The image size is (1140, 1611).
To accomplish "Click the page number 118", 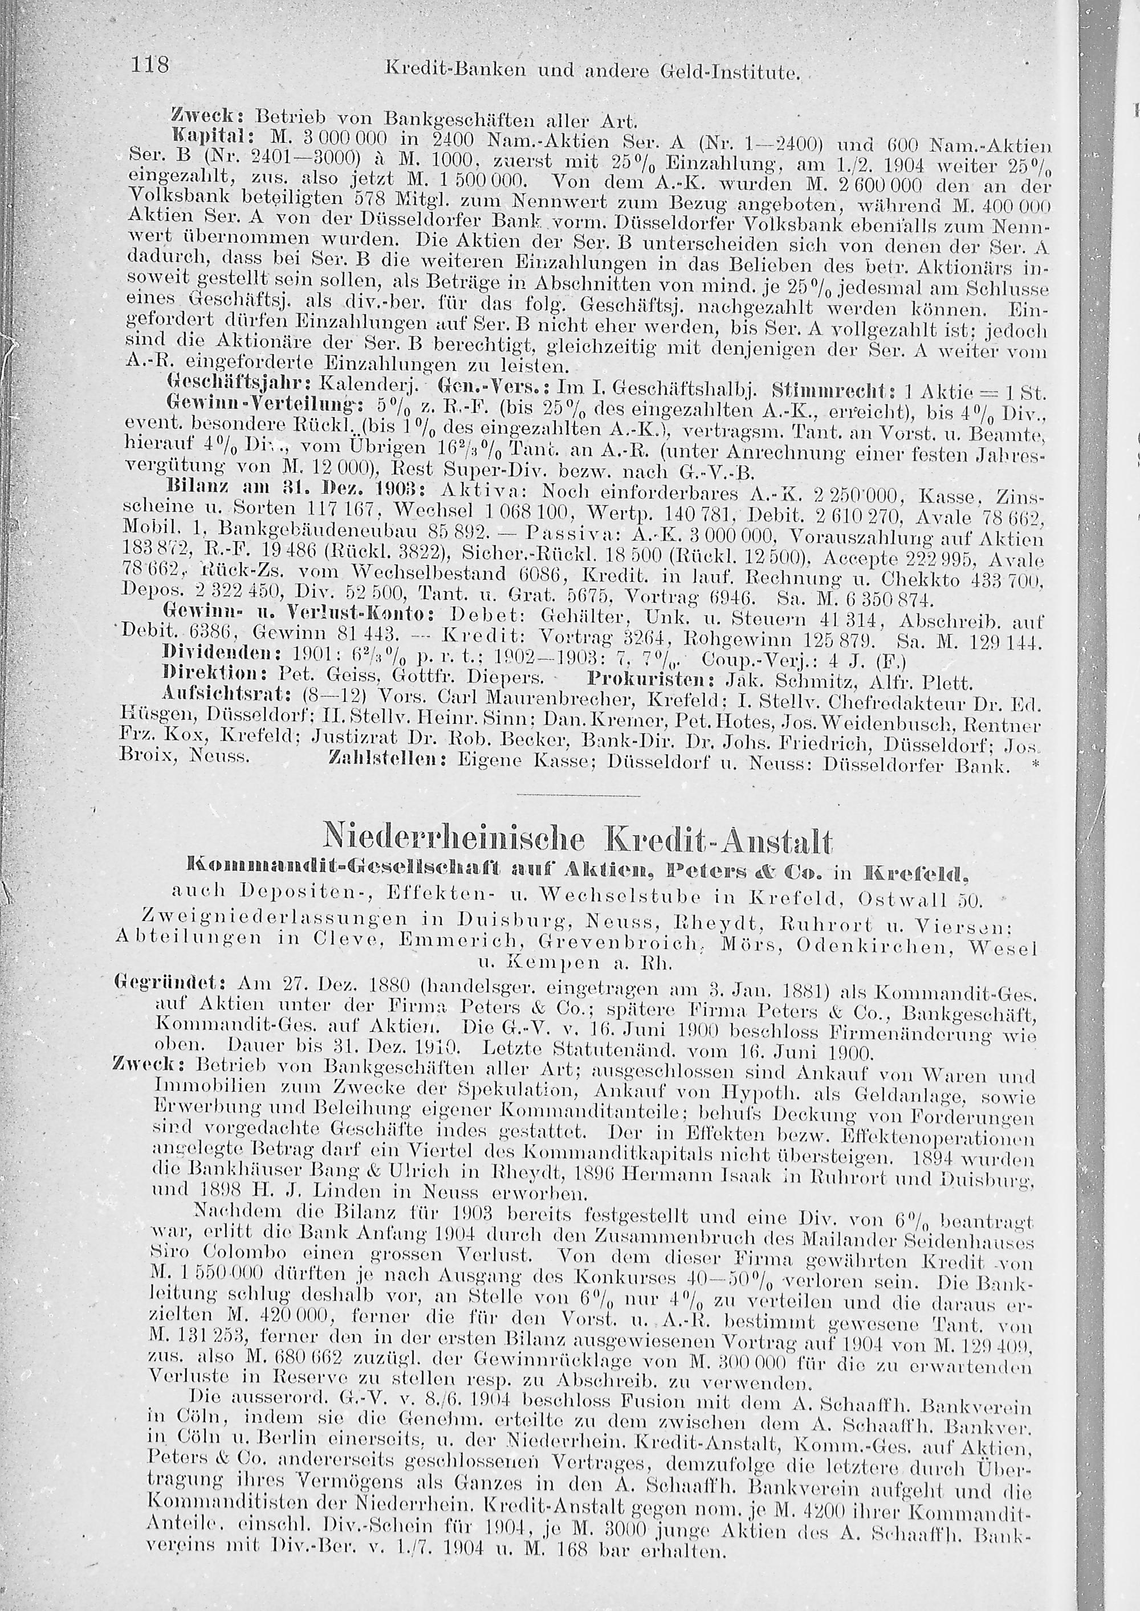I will [150, 67].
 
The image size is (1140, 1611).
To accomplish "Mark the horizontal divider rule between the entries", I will [578, 796].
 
